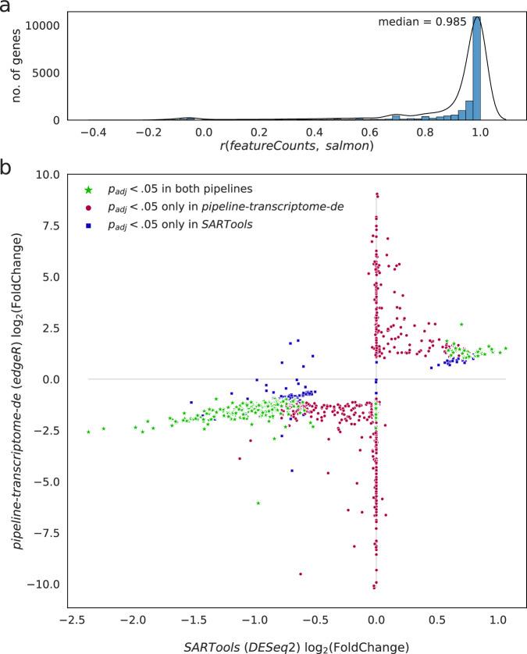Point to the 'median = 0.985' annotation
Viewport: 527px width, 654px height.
(422, 23)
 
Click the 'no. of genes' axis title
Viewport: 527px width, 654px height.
(13, 62)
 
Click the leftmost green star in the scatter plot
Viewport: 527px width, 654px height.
(89, 432)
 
